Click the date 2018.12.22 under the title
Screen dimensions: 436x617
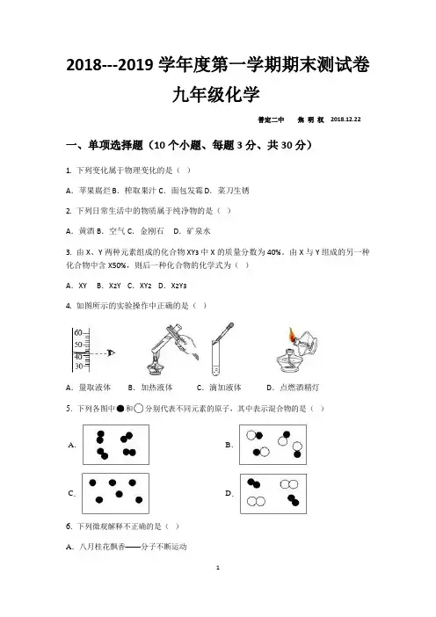point(345,120)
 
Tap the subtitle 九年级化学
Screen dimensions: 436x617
point(215,94)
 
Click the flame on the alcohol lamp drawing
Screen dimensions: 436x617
point(292,335)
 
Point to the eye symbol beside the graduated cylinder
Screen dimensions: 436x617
point(111,353)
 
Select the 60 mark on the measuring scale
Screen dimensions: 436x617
point(78,332)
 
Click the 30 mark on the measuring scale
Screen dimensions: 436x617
point(79,367)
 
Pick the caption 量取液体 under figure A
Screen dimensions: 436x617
point(94,388)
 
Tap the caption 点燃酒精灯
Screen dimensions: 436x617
point(299,388)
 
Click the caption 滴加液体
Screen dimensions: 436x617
point(225,388)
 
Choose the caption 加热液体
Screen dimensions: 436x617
point(156,388)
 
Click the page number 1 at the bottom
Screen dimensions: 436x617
point(218,568)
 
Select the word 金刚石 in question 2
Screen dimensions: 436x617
point(152,231)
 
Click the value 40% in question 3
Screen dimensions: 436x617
point(273,252)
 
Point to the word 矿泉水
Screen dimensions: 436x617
point(199,231)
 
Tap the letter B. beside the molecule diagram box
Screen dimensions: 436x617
point(229,445)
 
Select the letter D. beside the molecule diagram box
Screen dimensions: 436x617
point(229,493)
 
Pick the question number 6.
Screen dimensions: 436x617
point(69,526)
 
